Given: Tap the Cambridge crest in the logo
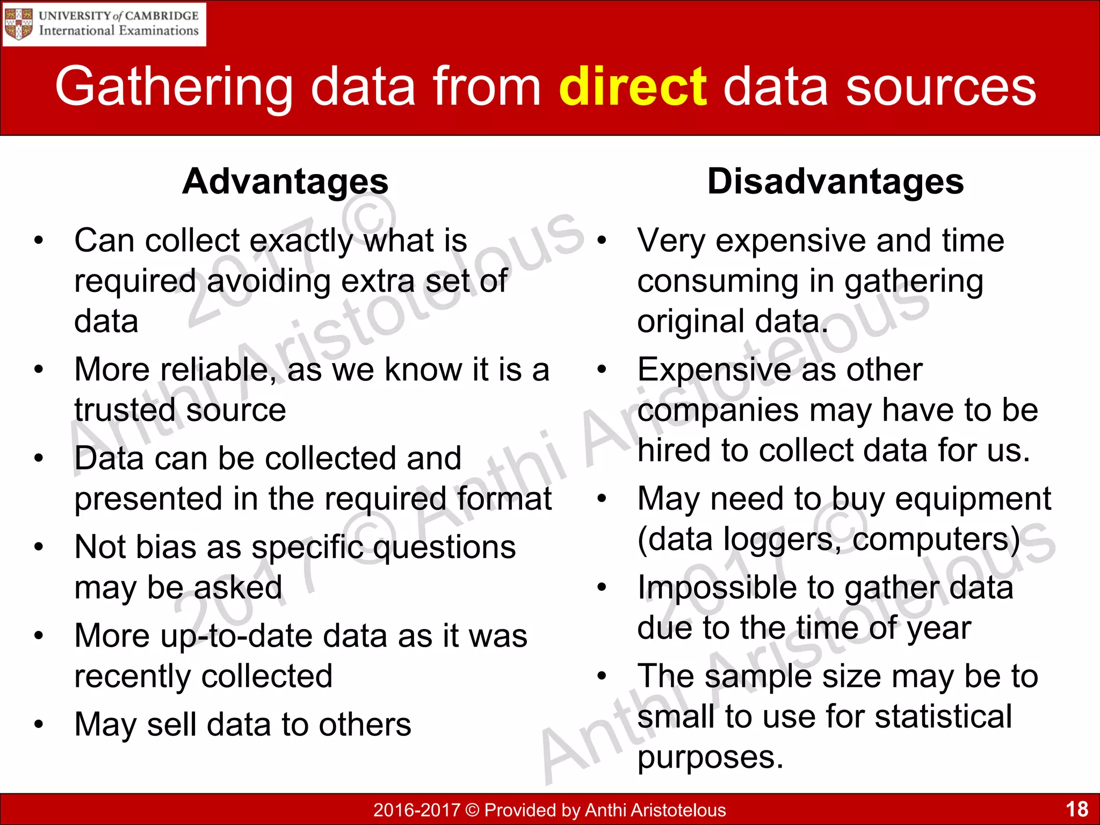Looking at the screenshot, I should (19, 24).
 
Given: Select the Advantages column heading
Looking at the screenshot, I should (285, 182).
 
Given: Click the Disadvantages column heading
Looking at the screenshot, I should (835, 182).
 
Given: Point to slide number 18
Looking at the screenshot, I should (1076, 809).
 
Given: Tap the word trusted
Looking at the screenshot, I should (125, 410).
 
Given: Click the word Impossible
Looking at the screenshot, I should (713, 588).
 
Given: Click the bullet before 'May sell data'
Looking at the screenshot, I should (38, 725).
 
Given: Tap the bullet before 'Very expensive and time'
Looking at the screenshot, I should (602, 241).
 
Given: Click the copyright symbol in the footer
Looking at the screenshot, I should (472, 809).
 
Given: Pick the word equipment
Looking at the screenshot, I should (973, 499).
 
